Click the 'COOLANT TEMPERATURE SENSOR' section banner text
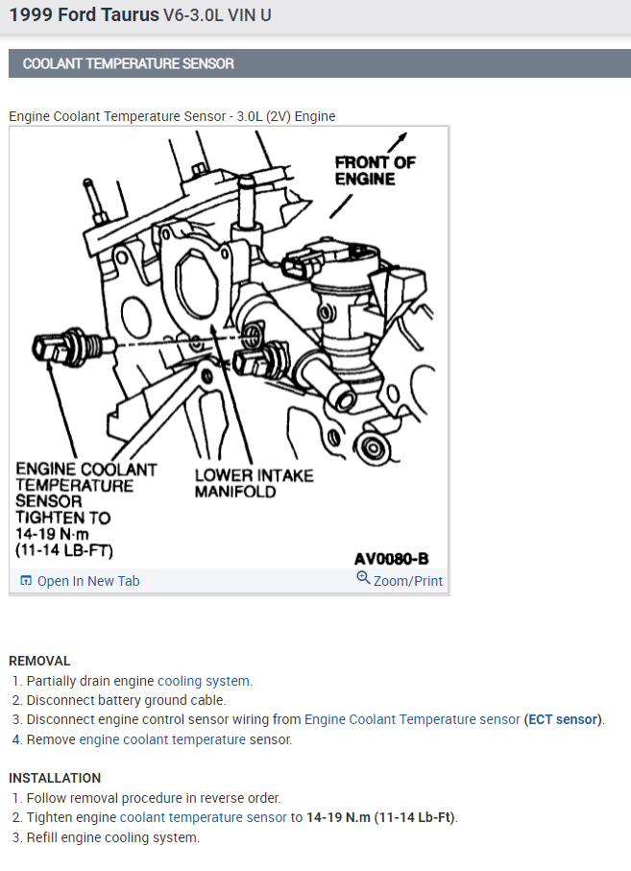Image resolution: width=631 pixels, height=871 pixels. [128, 63]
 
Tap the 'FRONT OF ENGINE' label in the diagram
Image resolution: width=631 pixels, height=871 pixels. [375, 170]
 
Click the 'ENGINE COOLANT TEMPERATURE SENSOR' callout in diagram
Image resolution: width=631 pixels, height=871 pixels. [85, 509]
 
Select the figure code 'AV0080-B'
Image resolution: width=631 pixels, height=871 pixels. [391, 558]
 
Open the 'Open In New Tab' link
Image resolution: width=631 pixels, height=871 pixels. [88, 581]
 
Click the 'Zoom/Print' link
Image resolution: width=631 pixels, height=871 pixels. [408, 581]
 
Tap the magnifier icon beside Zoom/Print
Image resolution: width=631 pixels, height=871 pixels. [363, 578]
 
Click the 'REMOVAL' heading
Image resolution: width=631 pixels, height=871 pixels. [39, 661]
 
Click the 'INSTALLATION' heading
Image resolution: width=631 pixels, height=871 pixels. [55, 778]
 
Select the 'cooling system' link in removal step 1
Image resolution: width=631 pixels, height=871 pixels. [204, 681]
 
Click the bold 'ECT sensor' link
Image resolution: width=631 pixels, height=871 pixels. [563, 719]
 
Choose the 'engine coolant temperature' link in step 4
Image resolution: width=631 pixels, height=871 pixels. [162, 739]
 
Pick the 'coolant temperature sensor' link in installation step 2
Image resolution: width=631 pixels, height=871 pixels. [203, 817]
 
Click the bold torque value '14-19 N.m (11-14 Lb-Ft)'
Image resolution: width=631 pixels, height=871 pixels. [381, 817]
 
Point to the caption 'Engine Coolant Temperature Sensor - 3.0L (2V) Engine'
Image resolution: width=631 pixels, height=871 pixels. [172, 116]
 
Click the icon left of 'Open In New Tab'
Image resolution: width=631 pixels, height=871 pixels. [26, 581]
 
